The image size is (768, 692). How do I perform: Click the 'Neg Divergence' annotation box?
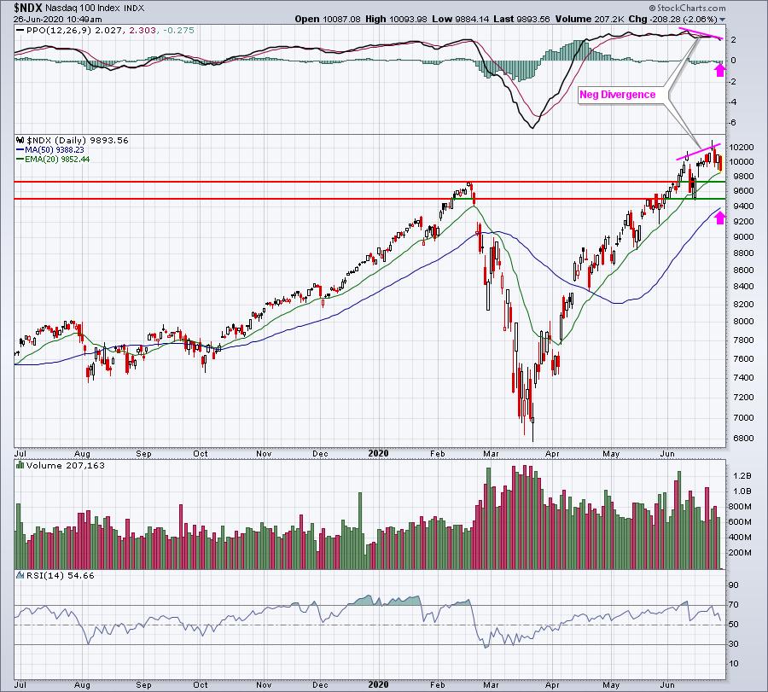pos(618,95)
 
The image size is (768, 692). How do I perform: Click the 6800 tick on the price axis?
pos(741,439)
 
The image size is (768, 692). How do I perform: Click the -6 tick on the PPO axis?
pos(733,121)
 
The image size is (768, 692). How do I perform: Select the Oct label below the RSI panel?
pos(201,684)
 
